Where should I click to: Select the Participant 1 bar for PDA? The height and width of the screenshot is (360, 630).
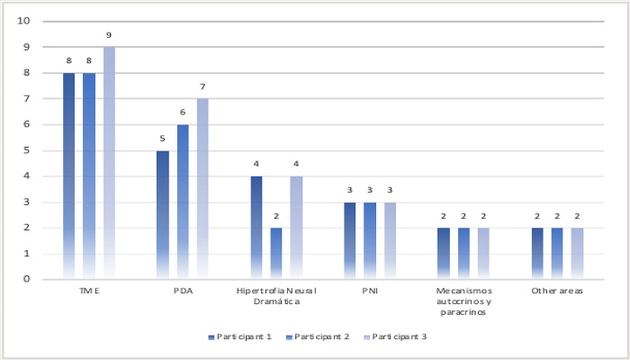click(x=163, y=214)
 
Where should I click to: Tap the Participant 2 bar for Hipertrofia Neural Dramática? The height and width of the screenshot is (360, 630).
click(x=276, y=253)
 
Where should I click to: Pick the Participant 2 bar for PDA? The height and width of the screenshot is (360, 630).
click(x=183, y=202)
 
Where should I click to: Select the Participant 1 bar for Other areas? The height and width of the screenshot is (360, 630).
click(x=537, y=253)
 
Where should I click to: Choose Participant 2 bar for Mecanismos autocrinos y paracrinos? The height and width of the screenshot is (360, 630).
click(x=463, y=253)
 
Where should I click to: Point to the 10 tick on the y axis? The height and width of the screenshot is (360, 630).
click(x=24, y=21)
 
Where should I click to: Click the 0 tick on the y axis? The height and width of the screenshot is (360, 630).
click(x=27, y=279)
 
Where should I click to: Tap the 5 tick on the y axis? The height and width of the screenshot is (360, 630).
click(x=27, y=150)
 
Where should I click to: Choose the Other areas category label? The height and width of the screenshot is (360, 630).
click(x=556, y=292)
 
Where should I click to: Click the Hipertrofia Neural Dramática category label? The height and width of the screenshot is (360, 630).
click(x=276, y=298)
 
